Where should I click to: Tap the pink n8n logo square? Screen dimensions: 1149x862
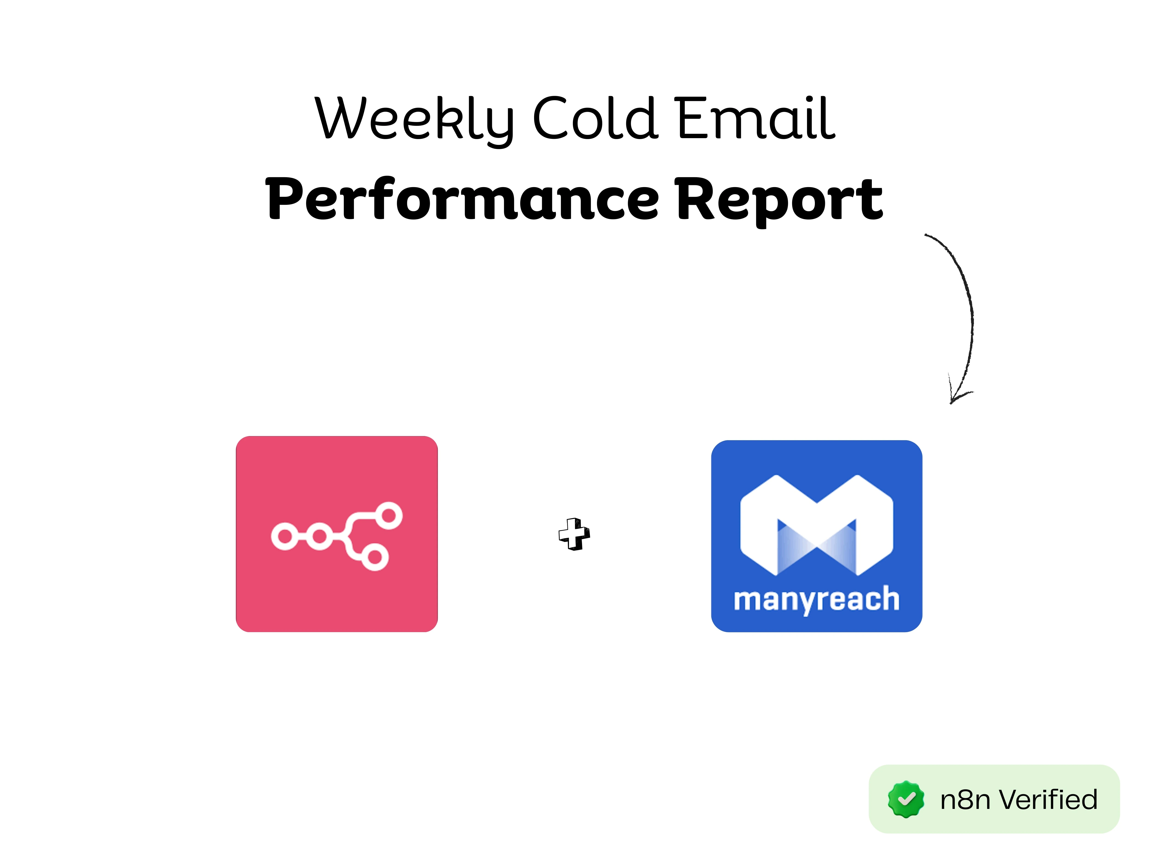337,534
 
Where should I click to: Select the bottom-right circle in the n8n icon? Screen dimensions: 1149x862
375,557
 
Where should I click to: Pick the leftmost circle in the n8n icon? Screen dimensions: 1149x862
285,537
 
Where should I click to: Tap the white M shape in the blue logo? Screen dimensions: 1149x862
816,525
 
